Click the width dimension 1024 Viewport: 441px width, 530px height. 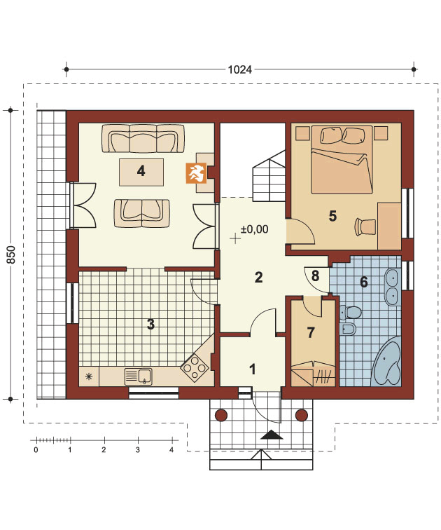coord(240,69)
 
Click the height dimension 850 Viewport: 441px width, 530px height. coord(10,254)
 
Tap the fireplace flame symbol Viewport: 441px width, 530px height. coord(197,173)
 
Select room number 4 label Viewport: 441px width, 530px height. coord(141,171)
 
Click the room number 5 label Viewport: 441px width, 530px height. coord(332,216)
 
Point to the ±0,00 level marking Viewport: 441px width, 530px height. coord(254,229)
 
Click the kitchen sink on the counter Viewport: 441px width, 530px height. coord(139,376)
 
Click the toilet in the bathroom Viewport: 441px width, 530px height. coord(350,312)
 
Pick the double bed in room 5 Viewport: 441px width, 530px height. coord(342,160)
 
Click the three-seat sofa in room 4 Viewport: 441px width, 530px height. coord(143,139)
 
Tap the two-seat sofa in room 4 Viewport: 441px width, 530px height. coord(141,213)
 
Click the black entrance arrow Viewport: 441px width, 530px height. coord(272,435)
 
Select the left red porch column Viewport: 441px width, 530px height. coord(222,415)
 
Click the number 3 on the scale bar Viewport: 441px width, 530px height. coord(138,450)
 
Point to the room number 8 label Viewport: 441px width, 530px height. coord(315,276)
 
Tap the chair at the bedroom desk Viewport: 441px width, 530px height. coord(365,226)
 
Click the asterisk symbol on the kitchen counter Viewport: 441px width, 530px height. coord(89,376)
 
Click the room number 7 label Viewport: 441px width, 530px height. coord(311,332)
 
